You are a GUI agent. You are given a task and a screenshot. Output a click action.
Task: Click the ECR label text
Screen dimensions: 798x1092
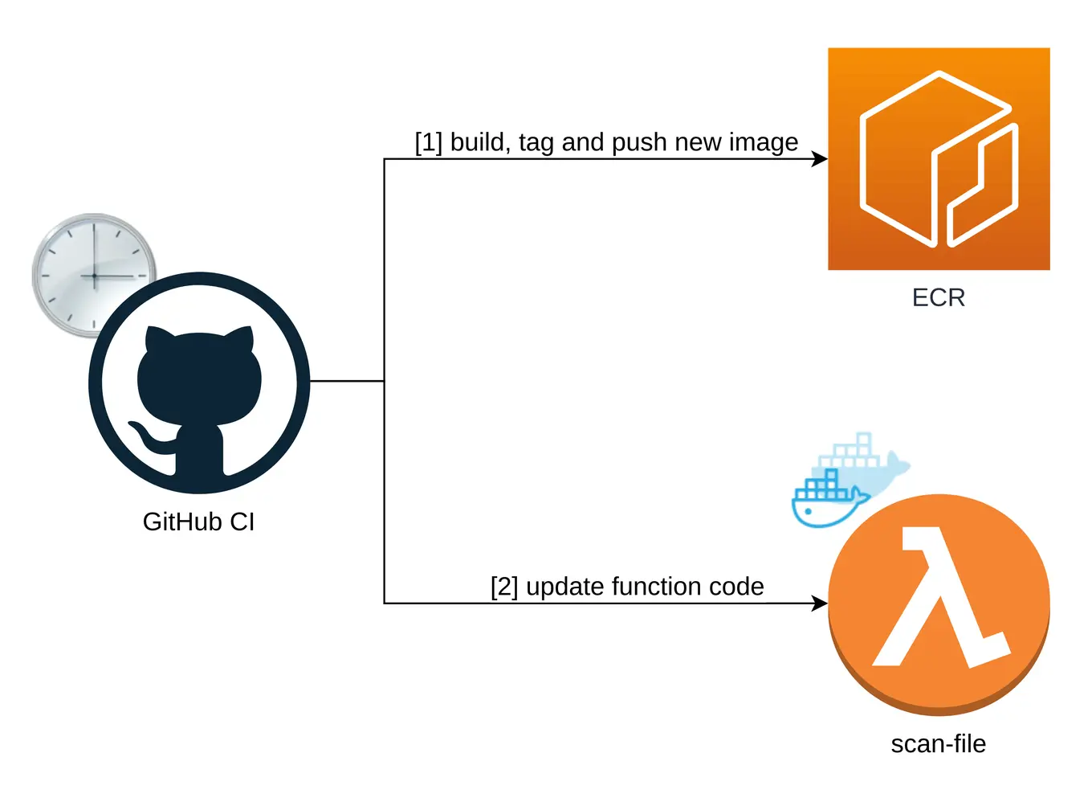tap(938, 298)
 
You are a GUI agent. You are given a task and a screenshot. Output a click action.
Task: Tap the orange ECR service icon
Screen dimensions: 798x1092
tap(938, 158)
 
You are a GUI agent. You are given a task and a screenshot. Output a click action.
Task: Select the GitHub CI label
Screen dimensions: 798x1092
tap(198, 522)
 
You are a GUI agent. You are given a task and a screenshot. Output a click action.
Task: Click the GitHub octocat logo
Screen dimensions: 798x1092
tap(199, 383)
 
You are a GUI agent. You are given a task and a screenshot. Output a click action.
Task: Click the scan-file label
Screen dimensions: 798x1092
tap(938, 744)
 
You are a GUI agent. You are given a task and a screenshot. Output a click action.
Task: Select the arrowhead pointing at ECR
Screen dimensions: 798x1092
tap(820, 159)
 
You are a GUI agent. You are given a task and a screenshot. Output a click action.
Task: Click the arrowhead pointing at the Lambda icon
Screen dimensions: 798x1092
tap(820, 604)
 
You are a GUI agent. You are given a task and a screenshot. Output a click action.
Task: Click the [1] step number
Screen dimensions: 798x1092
tap(428, 142)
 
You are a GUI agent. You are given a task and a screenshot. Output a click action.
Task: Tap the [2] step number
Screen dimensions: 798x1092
tap(504, 587)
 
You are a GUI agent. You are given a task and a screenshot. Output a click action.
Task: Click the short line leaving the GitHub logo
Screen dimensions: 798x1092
tap(347, 381)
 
